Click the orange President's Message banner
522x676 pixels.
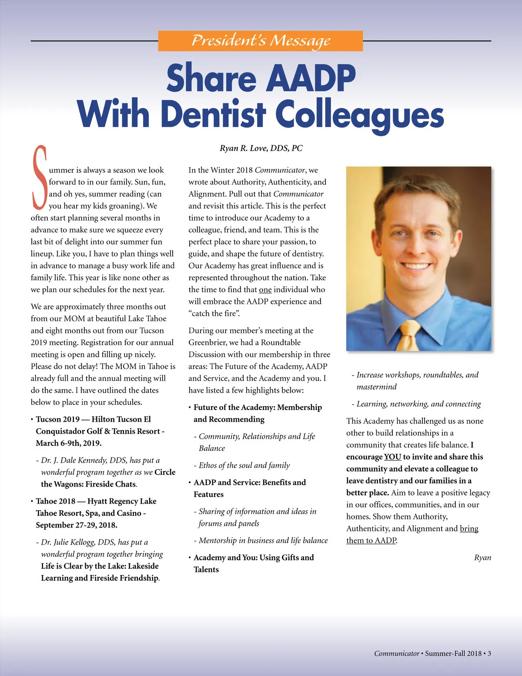(x=260, y=41)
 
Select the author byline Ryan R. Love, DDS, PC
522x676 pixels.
(x=261, y=148)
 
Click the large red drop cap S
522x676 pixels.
(x=40, y=177)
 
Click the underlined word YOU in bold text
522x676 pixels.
(x=392, y=457)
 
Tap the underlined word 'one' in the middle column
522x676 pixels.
(x=265, y=290)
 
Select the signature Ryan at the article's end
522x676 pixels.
(x=482, y=558)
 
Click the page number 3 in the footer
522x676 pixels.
(x=489, y=653)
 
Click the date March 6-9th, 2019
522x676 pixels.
(x=69, y=444)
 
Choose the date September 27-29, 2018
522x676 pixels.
(x=77, y=525)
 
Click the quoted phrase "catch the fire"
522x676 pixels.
(x=214, y=314)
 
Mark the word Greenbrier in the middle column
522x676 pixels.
(x=207, y=343)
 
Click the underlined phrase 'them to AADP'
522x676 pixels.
(x=371, y=541)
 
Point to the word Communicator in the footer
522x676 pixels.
(x=396, y=653)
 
